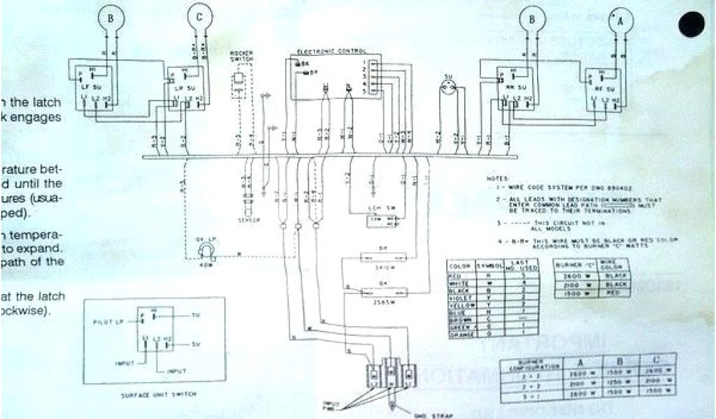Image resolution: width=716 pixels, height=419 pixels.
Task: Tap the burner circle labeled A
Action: coord(619,22)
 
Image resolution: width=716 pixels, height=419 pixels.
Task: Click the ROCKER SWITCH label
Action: coord(241,56)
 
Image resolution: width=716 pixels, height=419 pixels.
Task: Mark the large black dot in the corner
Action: coord(692,26)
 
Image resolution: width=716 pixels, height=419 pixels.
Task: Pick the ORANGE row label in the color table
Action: coord(460,335)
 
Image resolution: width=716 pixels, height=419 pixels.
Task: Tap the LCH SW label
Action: coord(378,209)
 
